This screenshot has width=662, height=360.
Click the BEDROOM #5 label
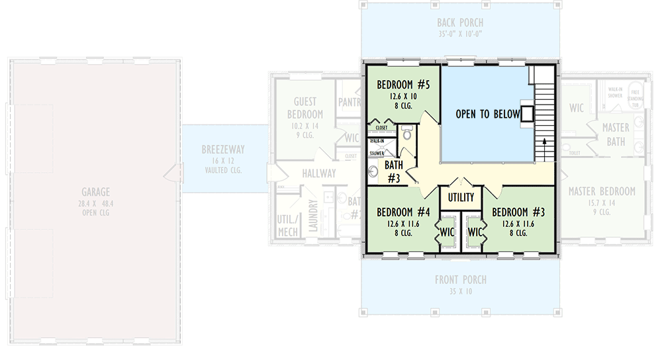403,85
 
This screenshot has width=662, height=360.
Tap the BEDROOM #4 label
403,212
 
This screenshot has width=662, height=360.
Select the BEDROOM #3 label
518,212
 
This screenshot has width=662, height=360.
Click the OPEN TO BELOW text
487,114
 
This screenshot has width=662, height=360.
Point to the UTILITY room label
461,197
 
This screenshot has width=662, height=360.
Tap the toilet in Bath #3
406,134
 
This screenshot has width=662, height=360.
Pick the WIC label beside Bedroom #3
475,233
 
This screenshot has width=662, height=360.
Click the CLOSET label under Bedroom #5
381,128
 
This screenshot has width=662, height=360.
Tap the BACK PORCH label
460,23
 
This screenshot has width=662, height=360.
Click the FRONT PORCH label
460,280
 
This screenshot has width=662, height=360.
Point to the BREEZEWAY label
223,150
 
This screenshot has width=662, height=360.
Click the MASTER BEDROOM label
602,192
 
